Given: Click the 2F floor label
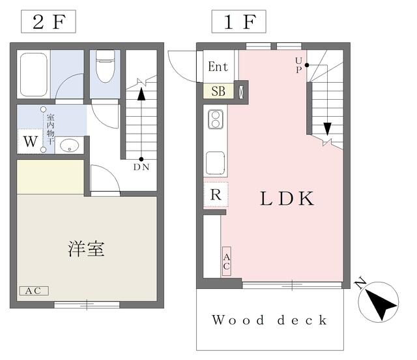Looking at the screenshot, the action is coord(48,22).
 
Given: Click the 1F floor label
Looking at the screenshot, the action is coord(239,22).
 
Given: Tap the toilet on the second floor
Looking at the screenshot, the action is coord(106,67).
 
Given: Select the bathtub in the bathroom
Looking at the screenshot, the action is coord(34,74).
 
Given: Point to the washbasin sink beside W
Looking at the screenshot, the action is coord(70,145).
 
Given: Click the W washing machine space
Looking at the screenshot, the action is coord(31,142).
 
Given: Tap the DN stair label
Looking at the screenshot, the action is coord(141,167).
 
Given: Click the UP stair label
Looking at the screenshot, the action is coord(298,65).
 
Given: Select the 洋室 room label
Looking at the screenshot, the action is coord(86,249).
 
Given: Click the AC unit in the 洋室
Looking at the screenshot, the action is coord(34,291).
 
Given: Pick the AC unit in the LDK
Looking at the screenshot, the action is coord(227,262).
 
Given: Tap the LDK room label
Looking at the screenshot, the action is coord(287,199).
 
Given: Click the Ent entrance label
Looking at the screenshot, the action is coord(218,67).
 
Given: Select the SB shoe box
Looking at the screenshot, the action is coord(218,91).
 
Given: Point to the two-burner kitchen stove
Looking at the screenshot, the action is coord(216,119).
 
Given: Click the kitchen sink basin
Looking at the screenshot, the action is coord(216,162).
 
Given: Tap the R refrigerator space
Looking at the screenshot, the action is coord(216,194).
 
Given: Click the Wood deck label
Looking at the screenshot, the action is coord(269,320).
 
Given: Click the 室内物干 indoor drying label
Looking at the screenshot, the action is coord(51,129).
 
